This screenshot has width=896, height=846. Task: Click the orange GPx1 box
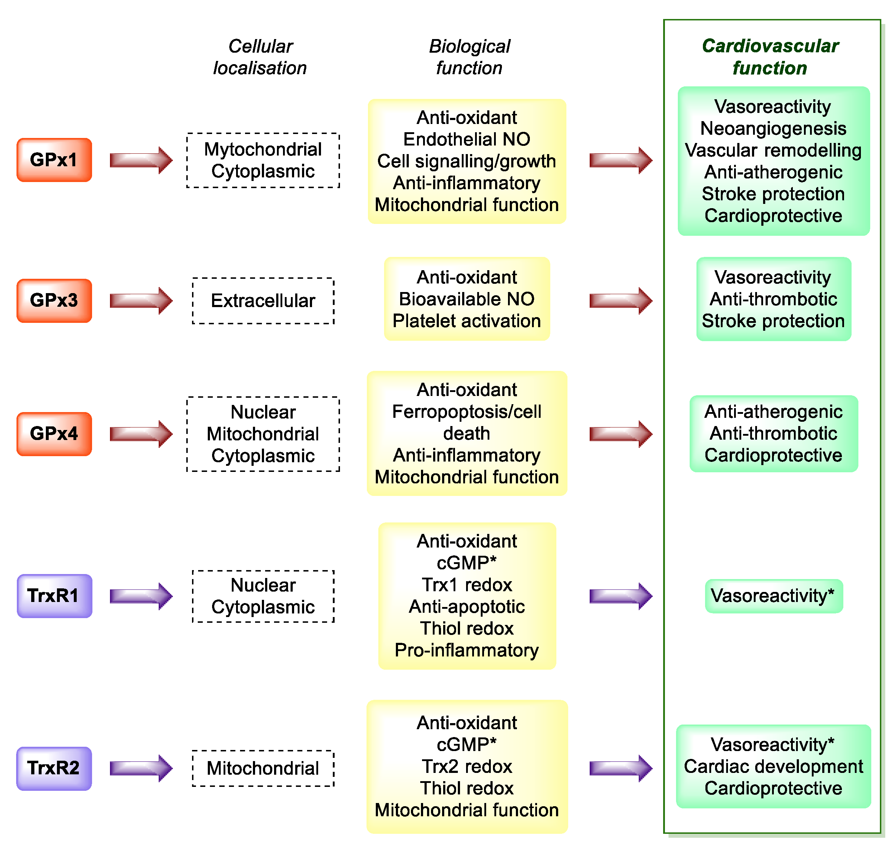click(x=54, y=160)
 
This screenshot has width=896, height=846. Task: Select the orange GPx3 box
click(x=54, y=301)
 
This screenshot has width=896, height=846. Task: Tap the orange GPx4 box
click(x=54, y=434)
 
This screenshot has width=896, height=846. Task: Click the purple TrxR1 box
click(x=54, y=596)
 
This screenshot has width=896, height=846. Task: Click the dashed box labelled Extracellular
click(x=263, y=301)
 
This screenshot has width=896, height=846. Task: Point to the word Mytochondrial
click(x=263, y=149)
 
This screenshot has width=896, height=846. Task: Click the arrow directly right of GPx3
click(x=141, y=301)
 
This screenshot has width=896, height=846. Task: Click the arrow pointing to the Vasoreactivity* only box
click(x=621, y=596)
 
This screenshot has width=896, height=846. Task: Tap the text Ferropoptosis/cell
click(x=467, y=412)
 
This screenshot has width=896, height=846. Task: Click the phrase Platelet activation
click(x=467, y=321)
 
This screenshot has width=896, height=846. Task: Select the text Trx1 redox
click(x=467, y=585)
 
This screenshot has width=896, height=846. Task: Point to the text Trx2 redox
click(x=467, y=766)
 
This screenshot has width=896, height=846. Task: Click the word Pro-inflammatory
click(x=467, y=650)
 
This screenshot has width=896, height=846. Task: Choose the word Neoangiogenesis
click(x=773, y=129)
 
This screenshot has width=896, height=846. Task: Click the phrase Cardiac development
click(x=773, y=766)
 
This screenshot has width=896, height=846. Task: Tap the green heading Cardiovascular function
click(x=770, y=57)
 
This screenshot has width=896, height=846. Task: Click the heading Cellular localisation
click(x=260, y=57)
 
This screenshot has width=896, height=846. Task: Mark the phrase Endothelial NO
click(x=467, y=139)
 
